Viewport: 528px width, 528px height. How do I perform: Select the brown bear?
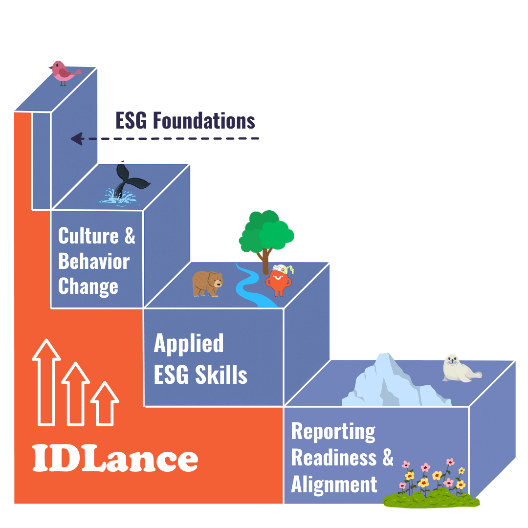pyautogui.click(x=207, y=284)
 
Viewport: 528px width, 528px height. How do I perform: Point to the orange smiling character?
pyautogui.click(x=278, y=282)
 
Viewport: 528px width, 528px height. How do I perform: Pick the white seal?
pyautogui.click(x=460, y=368)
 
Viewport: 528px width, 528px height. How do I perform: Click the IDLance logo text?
pyautogui.click(x=115, y=458)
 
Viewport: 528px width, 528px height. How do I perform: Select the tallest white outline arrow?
pyautogui.click(x=46, y=381)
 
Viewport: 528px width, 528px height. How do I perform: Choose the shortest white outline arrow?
pyautogui.click(x=105, y=403)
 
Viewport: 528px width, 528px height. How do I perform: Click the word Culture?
pyautogui.click(x=88, y=236)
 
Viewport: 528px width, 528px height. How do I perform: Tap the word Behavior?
pyautogui.click(x=94, y=262)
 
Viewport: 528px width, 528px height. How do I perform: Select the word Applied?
pyautogui.click(x=189, y=344)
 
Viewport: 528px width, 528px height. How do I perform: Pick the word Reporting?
pyautogui.click(x=333, y=432)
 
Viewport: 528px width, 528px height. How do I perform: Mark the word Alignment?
pyautogui.click(x=334, y=484)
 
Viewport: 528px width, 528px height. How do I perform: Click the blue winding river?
pyautogui.click(x=252, y=288)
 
